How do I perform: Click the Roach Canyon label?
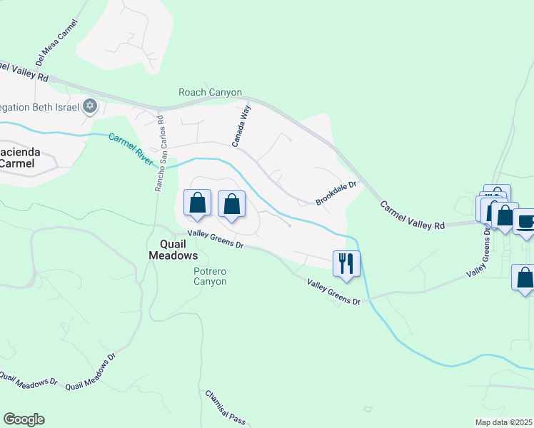tap(210, 93)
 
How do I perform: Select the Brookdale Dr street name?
tap(336, 193)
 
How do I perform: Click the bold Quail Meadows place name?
tap(173, 249)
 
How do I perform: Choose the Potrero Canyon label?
tap(210, 276)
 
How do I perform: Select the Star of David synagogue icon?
tap(89, 106)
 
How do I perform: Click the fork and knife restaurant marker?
tap(346, 263)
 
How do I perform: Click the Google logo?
tap(24, 419)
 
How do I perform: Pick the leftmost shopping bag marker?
tap(198, 203)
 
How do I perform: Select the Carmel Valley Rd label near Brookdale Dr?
tap(412, 215)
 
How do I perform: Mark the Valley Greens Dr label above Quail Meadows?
tap(216, 240)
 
